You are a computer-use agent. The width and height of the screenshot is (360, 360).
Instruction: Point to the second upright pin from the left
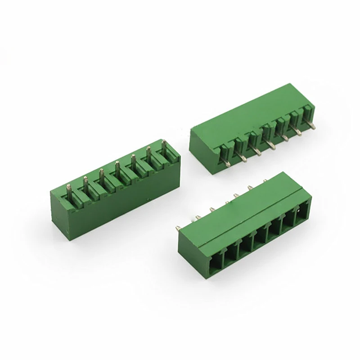coord(85,184)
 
